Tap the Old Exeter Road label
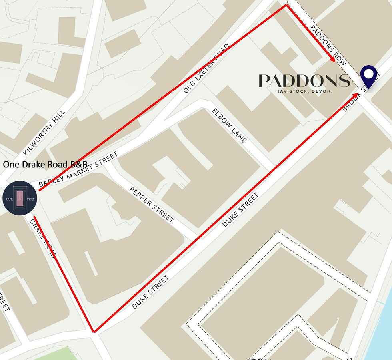click(207, 68)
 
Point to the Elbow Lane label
click(230, 125)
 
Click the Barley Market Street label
click(78, 170)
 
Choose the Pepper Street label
click(152, 204)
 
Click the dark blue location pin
click(368, 76)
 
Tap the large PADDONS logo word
click(304, 81)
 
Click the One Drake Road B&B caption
click(45, 165)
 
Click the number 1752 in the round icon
click(30, 199)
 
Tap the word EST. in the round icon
click(10, 199)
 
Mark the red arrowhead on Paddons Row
click(332, 59)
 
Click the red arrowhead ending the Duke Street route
click(356, 95)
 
